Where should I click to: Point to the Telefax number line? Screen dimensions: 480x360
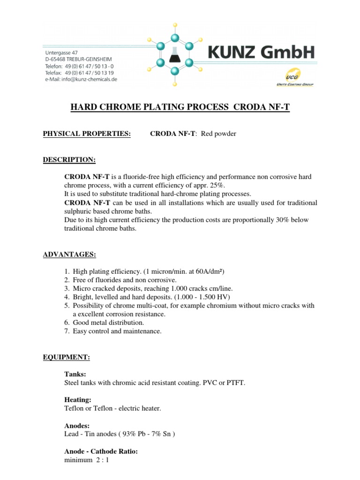[79, 73]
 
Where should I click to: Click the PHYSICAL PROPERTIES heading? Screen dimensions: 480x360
[87, 134]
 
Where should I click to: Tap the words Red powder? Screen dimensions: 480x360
[218, 134]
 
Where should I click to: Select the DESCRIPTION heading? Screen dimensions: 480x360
[69, 160]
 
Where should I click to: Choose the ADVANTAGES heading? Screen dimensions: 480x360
[69, 255]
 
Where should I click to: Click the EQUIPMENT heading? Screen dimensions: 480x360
[66, 357]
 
